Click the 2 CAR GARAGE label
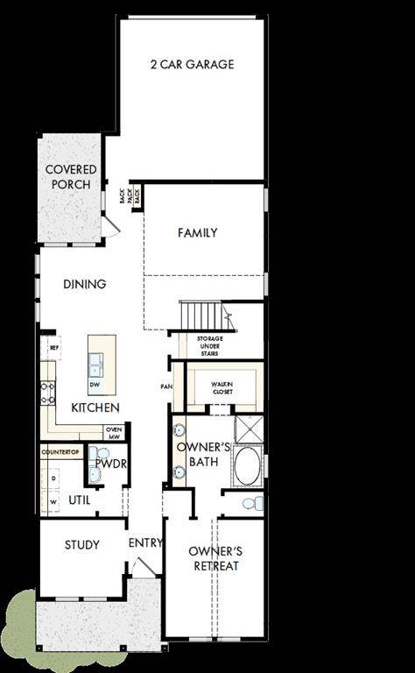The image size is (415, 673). [193, 64]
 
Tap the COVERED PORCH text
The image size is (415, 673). [71, 176]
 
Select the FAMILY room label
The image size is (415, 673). [197, 233]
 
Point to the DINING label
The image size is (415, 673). [85, 284]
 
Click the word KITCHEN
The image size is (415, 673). [95, 408]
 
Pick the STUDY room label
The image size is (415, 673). [82, 544]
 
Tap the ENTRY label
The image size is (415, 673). [145, 543]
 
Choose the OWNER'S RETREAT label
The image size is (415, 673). [215, 558]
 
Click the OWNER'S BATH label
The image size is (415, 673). [202, 454]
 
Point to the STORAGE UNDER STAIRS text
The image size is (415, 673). [209, 344]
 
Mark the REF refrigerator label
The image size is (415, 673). [53, 348]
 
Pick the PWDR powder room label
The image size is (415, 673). [108, 462]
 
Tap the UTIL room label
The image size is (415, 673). [80, 500]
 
